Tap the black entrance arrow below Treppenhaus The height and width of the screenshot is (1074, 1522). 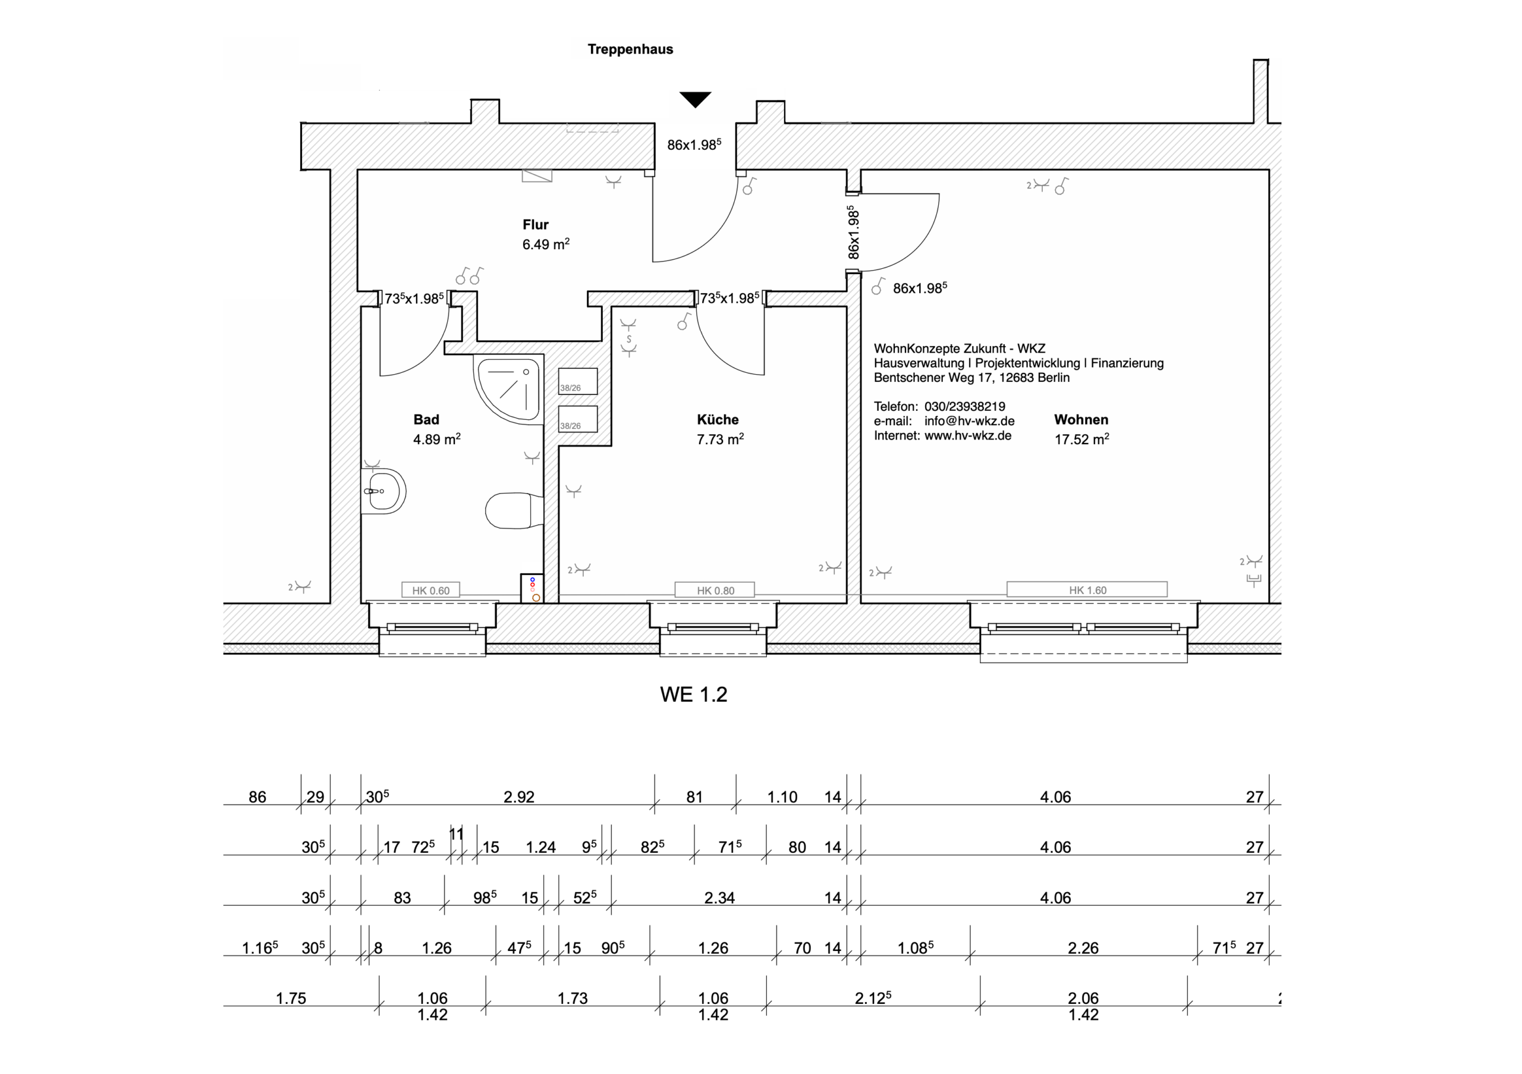pyautogui.click(x=695, y=99)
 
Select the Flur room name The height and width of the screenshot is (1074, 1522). pyautogui.click(x=536, y=225)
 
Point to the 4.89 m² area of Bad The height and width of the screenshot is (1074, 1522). pyautogui.click(x=437, y=439)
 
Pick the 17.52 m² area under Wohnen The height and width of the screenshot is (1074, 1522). pyautogui.click(x=1082, y=439)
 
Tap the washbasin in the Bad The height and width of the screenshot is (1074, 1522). pyautogui.click(x=384, y=491)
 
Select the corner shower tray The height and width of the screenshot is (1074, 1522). pyautogui.click(x=508, y=388)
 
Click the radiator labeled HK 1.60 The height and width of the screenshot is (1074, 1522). pyautogui.click(x=1087, y=589)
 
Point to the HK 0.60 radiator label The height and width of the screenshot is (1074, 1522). pyautogui.click(x=431, y=590)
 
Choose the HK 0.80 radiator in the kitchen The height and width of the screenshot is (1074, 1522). pyautogui.click(x=715, y=590)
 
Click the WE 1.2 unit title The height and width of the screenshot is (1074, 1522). pyautogui.click(x=693, y=694)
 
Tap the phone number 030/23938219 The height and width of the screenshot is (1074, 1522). pyautogui.click(x=964, y=406)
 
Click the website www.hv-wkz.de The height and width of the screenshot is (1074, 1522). pyautogui.click(x=968, y=435)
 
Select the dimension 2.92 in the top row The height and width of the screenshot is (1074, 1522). pyautogui.click(x=519, y=797)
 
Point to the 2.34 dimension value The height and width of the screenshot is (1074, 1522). pyautogui.click(x=719, y=897)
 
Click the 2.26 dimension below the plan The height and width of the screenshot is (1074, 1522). pyautogui.click(x=1083, y=948)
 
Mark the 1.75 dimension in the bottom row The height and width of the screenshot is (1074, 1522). pyautogui.click(x=291, y=998)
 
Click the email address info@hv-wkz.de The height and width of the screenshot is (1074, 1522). pyautogui.click(x=969, y=421)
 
